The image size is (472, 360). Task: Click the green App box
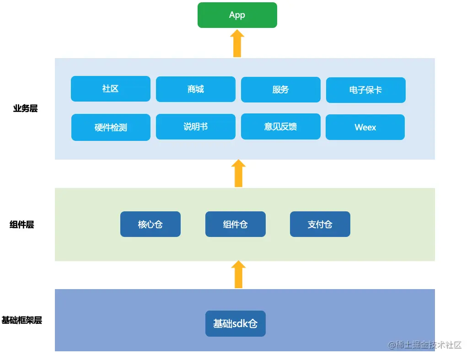237,15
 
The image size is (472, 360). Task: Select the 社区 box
110,89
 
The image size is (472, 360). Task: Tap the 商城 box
195,89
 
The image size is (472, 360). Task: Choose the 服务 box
280,90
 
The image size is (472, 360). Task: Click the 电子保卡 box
365,90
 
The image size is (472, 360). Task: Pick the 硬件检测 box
111,128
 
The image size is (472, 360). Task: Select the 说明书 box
195,127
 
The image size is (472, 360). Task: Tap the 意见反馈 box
280,127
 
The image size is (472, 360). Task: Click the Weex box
365,127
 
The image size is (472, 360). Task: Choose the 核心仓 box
150,224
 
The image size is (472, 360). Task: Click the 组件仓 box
235,224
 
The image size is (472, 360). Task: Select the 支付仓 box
320,224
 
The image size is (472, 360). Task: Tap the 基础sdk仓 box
235,324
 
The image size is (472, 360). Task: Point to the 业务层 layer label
25,108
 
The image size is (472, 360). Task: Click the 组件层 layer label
22,225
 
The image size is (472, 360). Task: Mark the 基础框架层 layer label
21,320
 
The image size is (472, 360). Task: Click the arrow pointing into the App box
237,43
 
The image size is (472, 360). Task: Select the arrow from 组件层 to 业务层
238,173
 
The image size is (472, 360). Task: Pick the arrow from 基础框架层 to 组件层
238,274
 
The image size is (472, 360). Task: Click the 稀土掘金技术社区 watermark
425,345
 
